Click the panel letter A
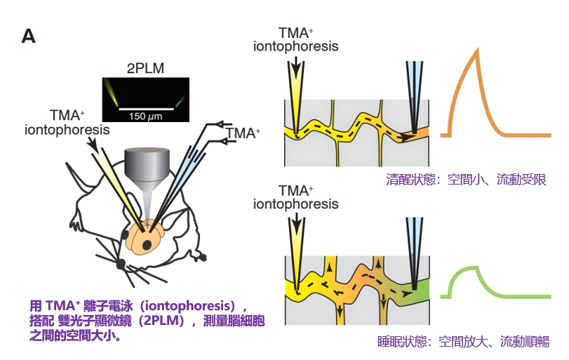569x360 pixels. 28,36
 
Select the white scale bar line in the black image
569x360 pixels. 146,108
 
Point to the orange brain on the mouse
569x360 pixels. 147,236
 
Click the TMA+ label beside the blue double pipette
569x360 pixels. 243,131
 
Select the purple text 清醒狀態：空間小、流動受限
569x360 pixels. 466,178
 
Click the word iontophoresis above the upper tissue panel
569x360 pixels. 296,47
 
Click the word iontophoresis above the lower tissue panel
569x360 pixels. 296,204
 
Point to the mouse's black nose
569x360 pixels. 120,265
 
